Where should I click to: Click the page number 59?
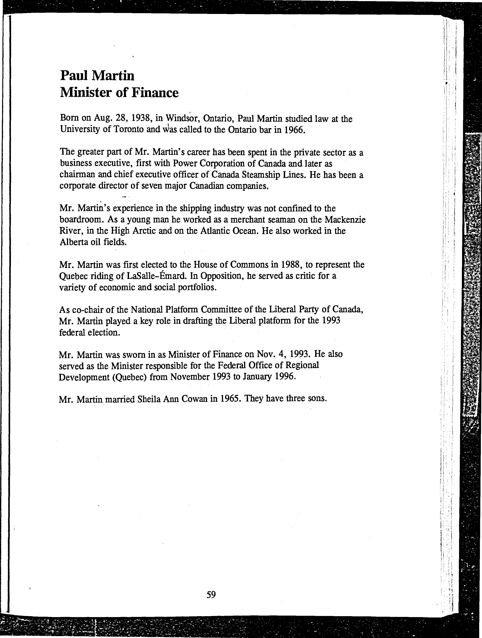point(211,594)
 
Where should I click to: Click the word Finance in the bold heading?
point(155,93)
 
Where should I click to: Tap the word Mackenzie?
point(345,220)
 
